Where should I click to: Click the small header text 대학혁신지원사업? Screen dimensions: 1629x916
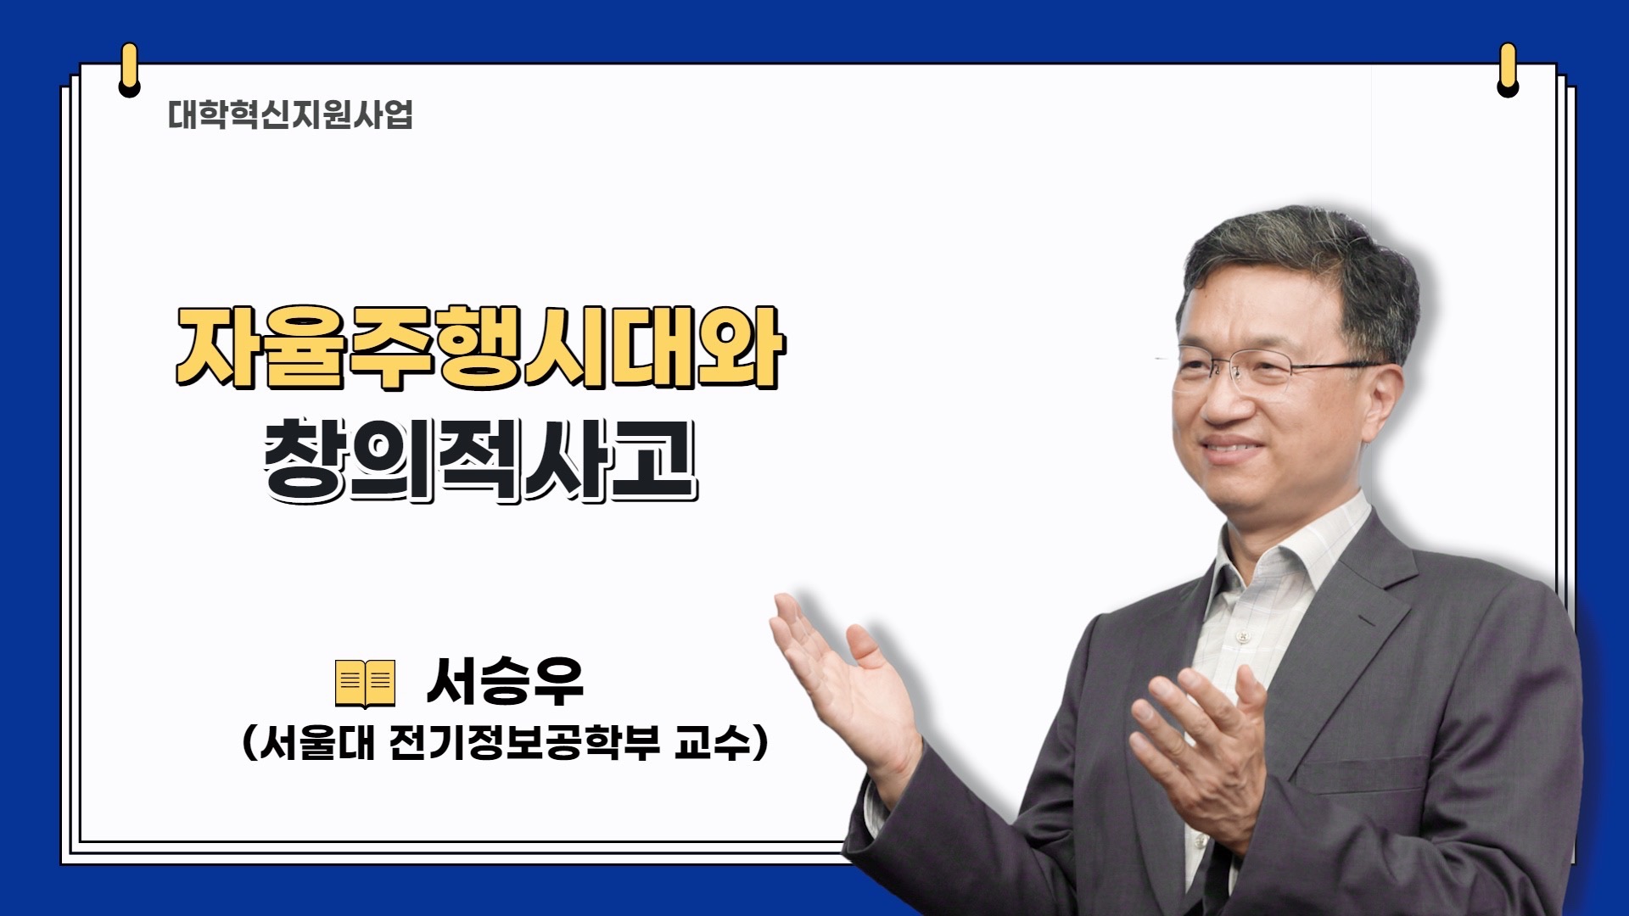coord(290,114)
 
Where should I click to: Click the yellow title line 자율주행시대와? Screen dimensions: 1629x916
coord(480,347)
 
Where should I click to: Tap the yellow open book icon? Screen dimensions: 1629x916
coord(366,683)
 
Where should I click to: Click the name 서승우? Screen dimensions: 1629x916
coord(505,682)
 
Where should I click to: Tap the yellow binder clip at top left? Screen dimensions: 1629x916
coord(129,70)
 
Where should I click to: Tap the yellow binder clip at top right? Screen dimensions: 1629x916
coord(1508,70)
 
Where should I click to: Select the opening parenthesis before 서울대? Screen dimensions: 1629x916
coord(249,744)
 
